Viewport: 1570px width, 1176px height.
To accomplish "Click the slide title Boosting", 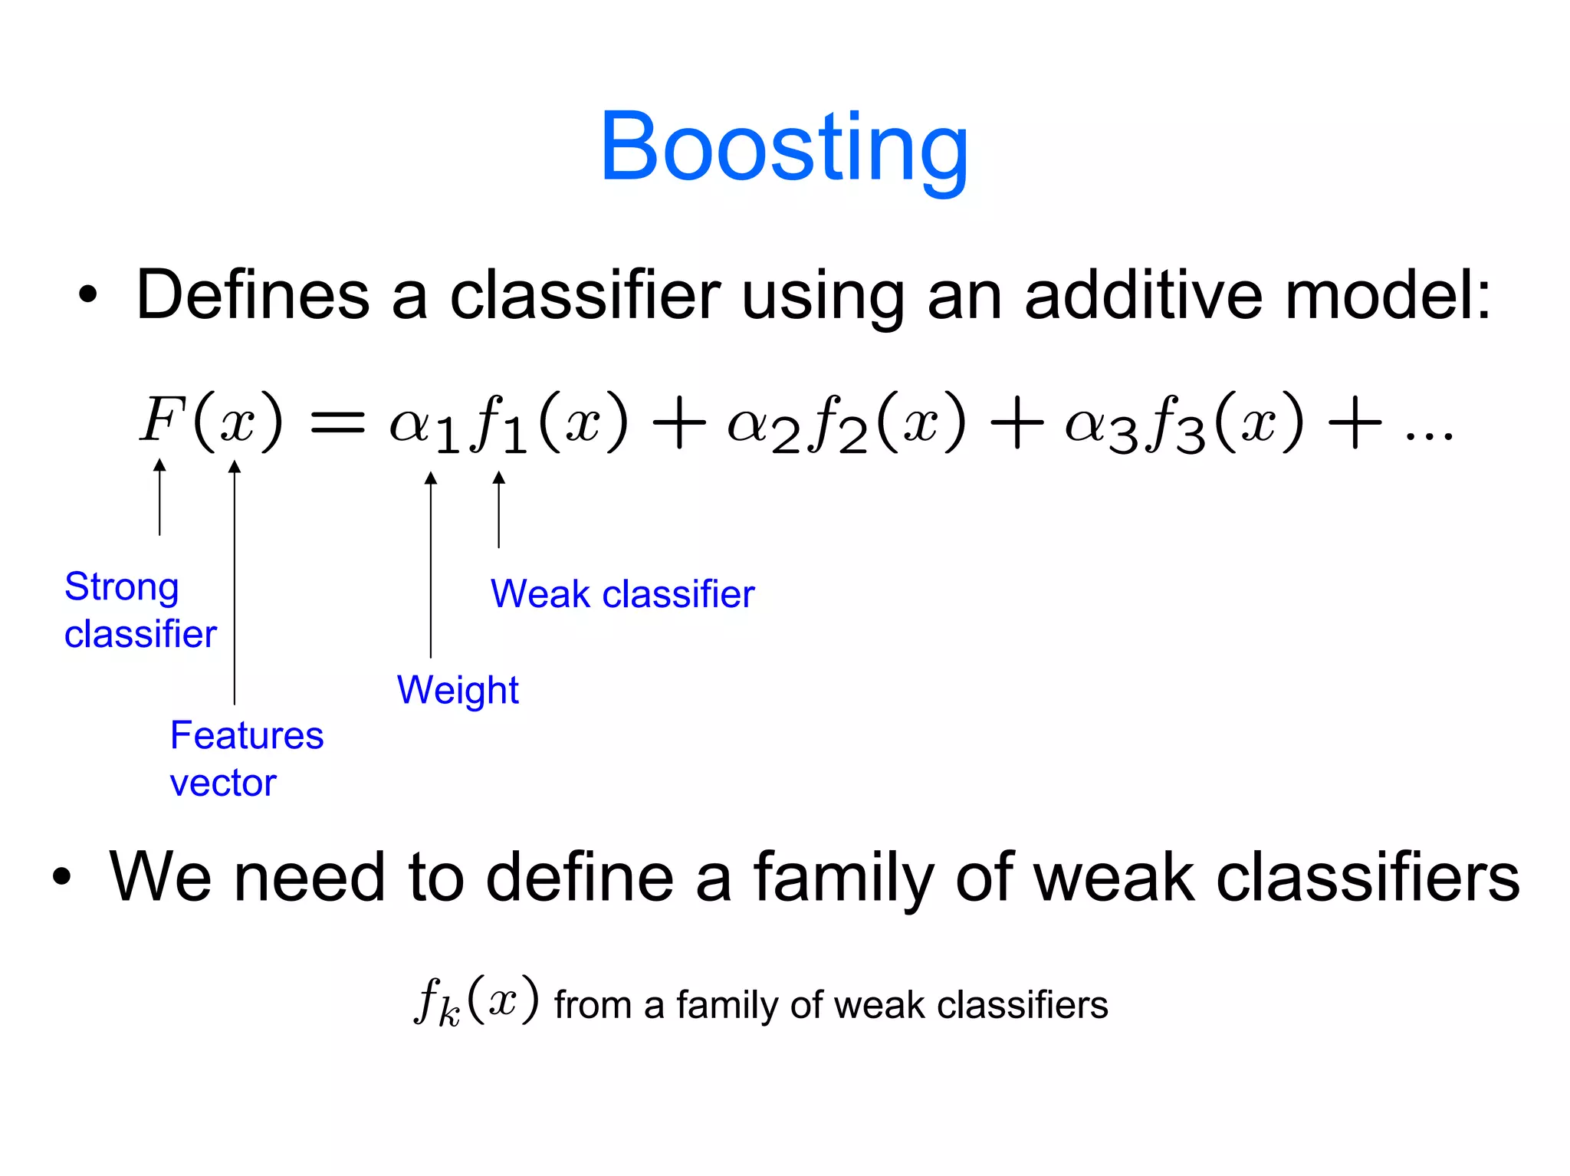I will [783, 147].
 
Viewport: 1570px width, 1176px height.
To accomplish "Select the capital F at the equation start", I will [162, 419].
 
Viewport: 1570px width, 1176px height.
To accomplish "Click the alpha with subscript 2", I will [759, 425].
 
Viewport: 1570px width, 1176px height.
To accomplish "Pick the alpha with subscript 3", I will [1098, 425].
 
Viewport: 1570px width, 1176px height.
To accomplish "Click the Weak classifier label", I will [622, 594].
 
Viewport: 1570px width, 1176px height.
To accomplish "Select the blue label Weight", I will [458, 690].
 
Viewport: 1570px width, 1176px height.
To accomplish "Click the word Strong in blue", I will [122, 588].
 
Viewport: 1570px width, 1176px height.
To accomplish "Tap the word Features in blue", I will [247, 735].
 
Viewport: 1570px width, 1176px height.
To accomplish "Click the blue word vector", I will [222, 783].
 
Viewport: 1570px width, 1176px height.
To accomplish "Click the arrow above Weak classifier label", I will [499, 510].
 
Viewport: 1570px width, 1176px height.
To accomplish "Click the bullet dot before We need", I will [61, 877].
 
